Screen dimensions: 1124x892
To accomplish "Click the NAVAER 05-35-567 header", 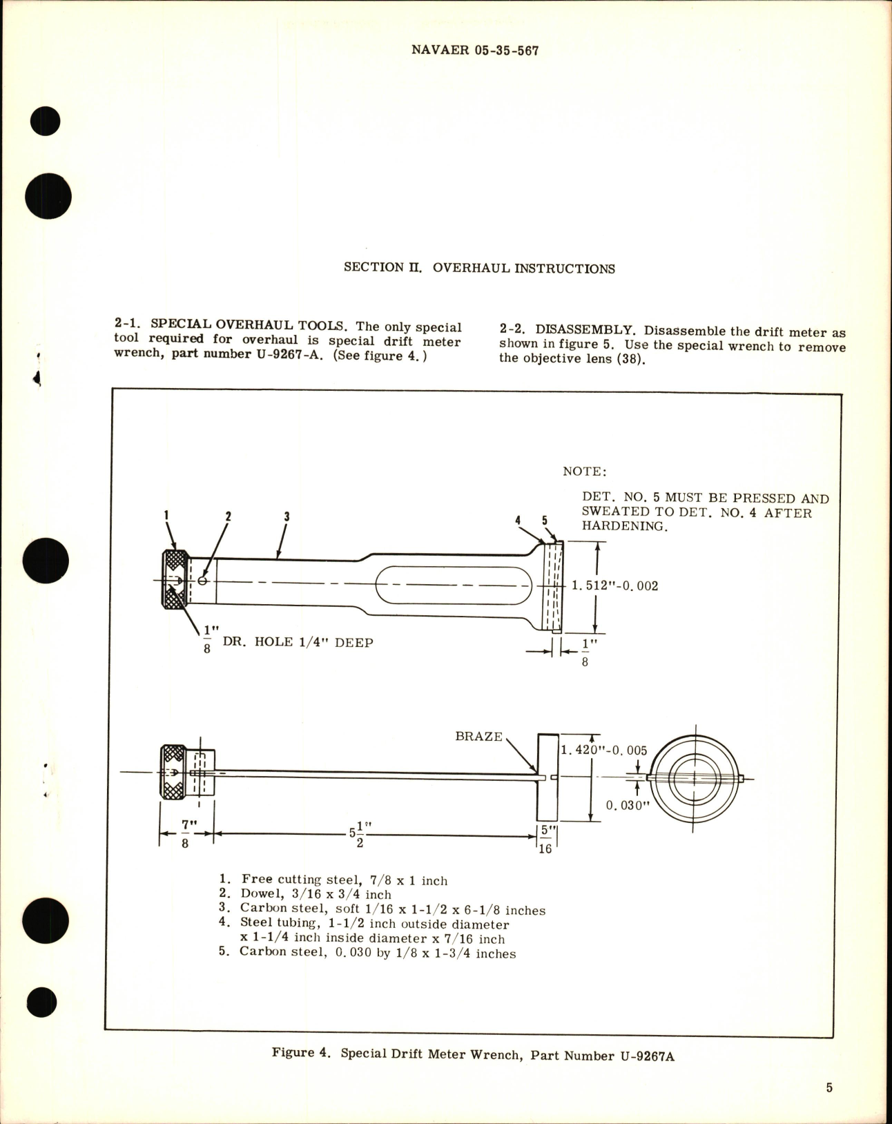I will click(474, 51).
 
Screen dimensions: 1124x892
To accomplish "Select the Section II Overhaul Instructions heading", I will click(479, 269).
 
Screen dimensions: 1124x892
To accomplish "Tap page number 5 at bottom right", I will click(829, 1088).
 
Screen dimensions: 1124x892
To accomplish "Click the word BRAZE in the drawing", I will click(478, 736).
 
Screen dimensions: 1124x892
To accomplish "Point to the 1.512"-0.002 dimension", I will click(614, 586).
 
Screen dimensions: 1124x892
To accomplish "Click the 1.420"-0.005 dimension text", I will click(603, 750).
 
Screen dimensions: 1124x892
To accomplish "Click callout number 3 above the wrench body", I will click(286, 516).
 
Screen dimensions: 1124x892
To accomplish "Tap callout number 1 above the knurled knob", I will click(166, 514).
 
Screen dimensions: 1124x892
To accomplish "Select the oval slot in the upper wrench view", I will click(454, 585).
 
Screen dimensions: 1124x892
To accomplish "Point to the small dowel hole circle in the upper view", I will click(202, 581).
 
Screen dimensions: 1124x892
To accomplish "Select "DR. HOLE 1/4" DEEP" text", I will click(298, 643).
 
